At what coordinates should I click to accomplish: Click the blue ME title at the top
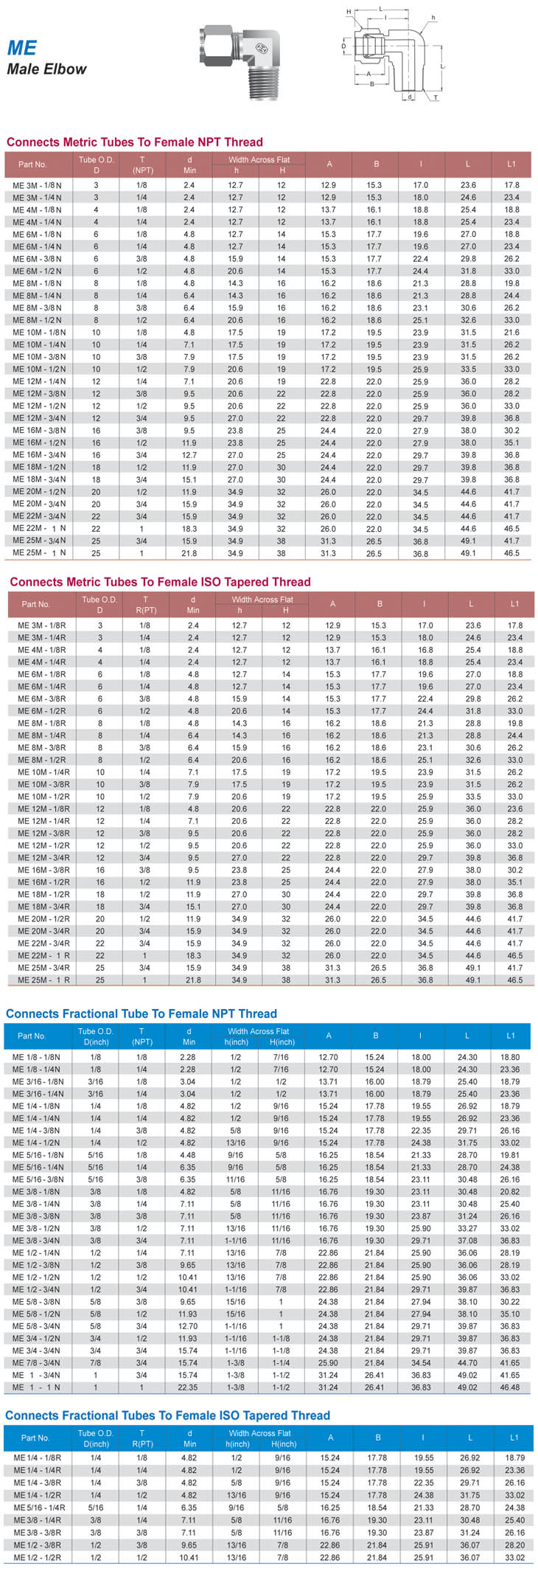pyautogui.click(x=21, y=48)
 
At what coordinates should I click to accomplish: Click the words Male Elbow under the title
pyautogui.click(x=46, y=69)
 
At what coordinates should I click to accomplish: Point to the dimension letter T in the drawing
pyautogui.click(x=435, y=97)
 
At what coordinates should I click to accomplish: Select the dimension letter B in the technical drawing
pyautogui.click(x=372, y=83)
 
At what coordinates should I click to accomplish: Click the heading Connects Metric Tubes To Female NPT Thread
pyautogui.click(x=134, y=142)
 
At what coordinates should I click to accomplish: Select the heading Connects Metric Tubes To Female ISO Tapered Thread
pyautogui.click(x=160, y=582)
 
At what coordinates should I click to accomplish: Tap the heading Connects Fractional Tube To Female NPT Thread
pyautogui.click(x=141, y=1013)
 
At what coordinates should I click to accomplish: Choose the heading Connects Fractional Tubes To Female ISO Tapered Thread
pyautogui.click(x=167, y=1415)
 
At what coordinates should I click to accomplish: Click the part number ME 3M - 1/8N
pyautogui.click(x=37, y=185)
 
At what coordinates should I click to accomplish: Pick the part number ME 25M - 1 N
pyautogui.click(x=38, y=553)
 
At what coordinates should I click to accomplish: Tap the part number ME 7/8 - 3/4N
pyautogui.click(x=38, y=1363)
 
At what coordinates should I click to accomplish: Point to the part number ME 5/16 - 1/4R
pyautogui.click(x=39, y=1508)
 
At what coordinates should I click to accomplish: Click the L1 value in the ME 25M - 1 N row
pyautogui.click(x=511, y=553)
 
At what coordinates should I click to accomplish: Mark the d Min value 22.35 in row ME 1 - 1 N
pyautogui.click(x=189, y=1387)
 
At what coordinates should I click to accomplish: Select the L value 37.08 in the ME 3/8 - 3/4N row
pyautogui.click(x=467, y=1241)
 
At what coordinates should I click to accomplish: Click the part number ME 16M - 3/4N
pyautogui.click(x=38, y=455)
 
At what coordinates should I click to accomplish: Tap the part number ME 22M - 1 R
pyautogui.click(x=43, y=956)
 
